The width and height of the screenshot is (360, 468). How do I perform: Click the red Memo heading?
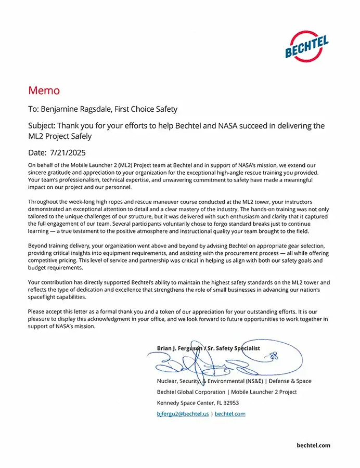(x=44, y=90)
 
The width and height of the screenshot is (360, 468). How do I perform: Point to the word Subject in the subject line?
(x=42, y=126)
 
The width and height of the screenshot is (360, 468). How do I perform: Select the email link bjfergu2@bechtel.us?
(x=183, y=414)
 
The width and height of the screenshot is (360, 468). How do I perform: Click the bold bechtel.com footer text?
(x=313, y=445)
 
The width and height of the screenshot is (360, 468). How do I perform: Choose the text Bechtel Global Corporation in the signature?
(x=190, y=392)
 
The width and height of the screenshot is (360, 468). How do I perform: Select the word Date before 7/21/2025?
(x=37, y=153)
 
